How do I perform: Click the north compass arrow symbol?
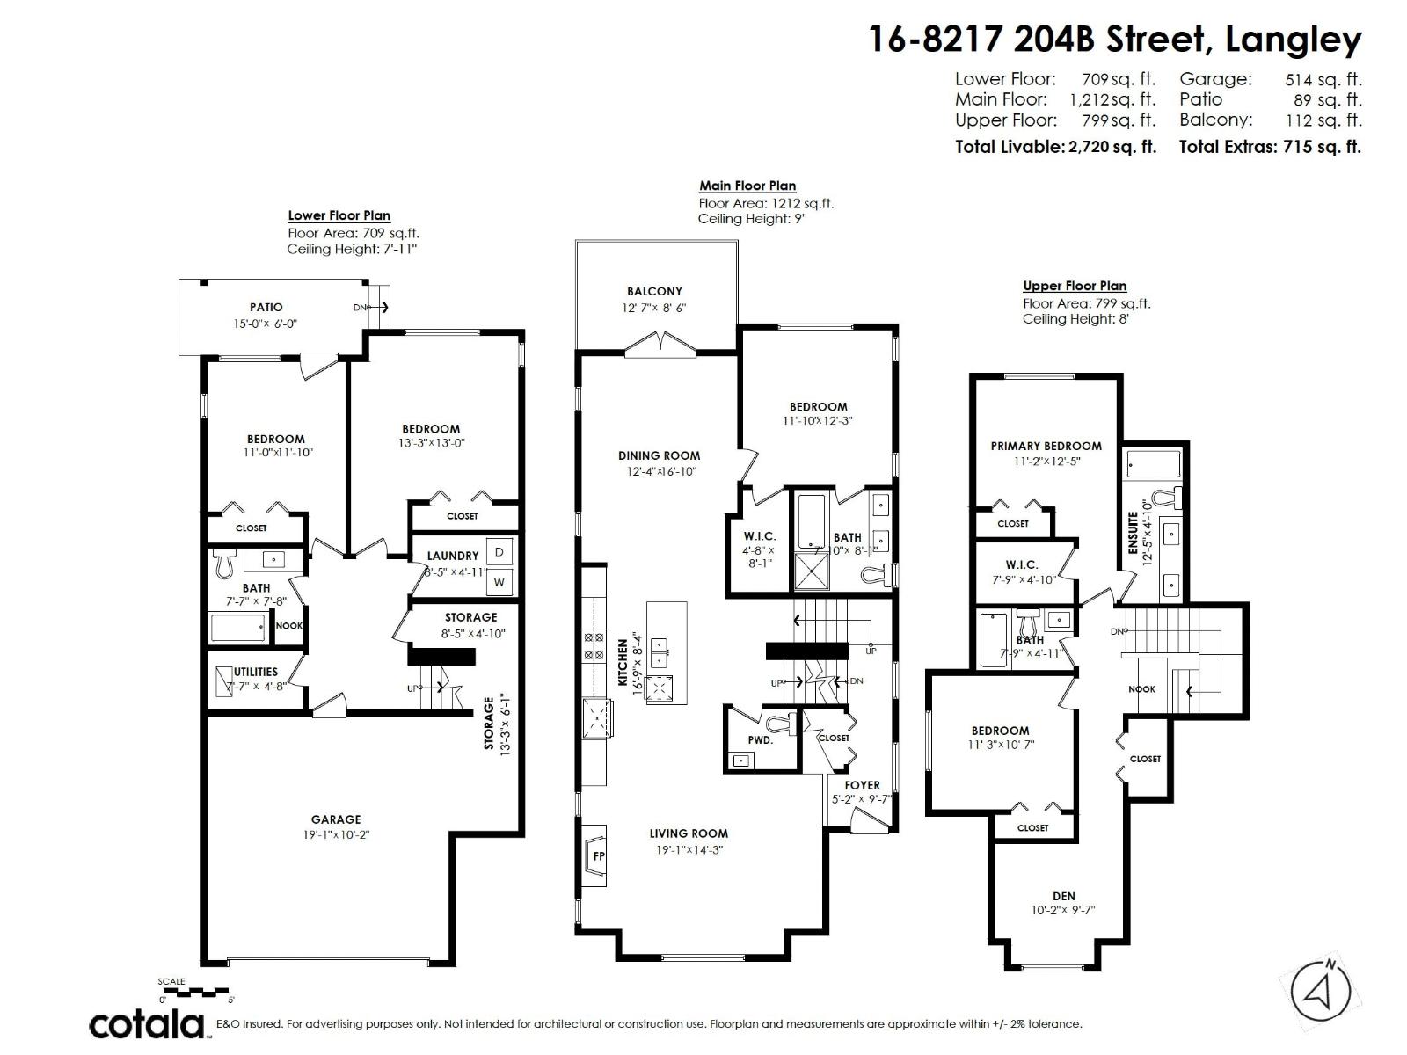tap(1319, 993)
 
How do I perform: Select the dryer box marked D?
tap(499, 552)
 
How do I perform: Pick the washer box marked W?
tap(499, 581)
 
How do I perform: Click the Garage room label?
tap(336, 819)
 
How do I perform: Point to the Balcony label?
tap(654, 291)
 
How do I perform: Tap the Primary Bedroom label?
tap(1046, 446)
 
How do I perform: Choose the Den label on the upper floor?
tap(1063, 896)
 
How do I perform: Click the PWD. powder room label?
tap(761, 740)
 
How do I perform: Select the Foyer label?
tap(862, 785)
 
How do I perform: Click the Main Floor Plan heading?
tap(747, 186)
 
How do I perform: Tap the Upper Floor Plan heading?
tap(1075, 286)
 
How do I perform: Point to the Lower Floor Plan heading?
tap(339, 215)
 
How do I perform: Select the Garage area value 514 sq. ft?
tap(1323, 79)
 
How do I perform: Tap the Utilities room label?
tap(256, 672)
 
